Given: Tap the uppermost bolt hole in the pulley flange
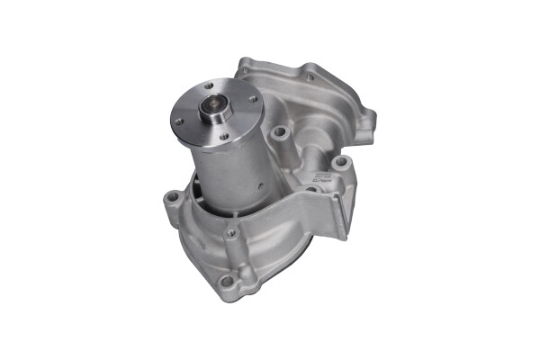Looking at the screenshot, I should click(x=217, y=85).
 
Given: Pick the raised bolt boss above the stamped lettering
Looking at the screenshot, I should click(x=342, y=162).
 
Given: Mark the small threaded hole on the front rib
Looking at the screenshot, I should click(x=231, y=233).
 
